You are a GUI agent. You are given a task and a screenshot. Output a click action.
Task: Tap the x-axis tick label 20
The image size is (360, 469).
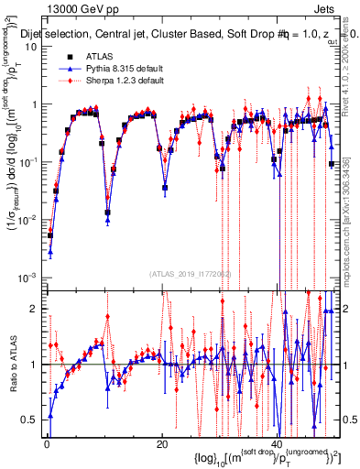coord(162,442)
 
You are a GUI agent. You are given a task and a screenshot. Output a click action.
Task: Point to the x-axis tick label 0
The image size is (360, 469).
coord(47,442)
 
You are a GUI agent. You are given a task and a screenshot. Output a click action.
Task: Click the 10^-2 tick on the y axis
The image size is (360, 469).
coord(27,220)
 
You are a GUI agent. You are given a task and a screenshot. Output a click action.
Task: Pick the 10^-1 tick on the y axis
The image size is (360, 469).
coord(27,162)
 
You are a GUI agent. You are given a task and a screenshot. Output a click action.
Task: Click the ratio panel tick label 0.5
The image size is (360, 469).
coord(29,420)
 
